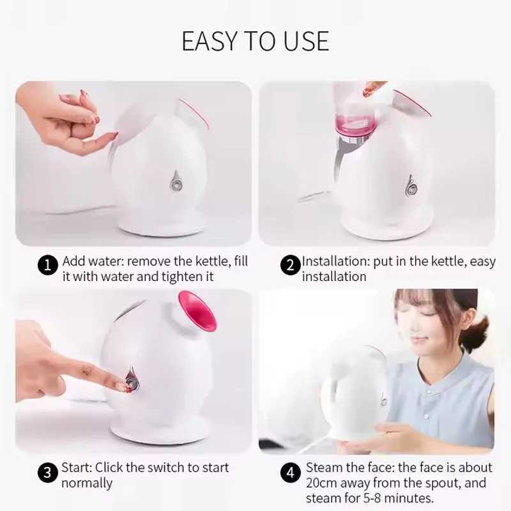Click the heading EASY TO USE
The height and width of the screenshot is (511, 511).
click(x=256, y=41)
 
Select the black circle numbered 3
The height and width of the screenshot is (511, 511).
click(x=48, y=473)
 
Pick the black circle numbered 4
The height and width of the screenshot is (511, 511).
click(x=291, y=473)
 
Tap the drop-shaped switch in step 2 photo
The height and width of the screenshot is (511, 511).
click(x=411, y=186)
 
